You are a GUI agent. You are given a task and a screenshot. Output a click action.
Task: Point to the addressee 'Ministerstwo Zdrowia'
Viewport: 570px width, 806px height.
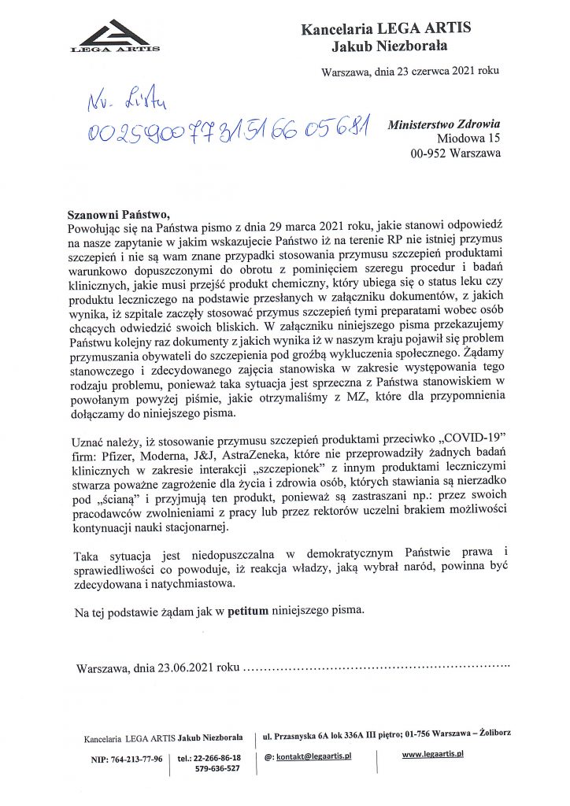[x=445, y=124]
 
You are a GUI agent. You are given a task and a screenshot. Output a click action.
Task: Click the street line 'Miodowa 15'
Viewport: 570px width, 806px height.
[x=469, y=139]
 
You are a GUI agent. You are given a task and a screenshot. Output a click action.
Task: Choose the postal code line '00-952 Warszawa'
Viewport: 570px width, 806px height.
[x=456, y=153]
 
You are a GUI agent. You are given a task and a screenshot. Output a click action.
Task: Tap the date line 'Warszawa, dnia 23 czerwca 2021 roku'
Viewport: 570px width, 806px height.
[x=410, y=72]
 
